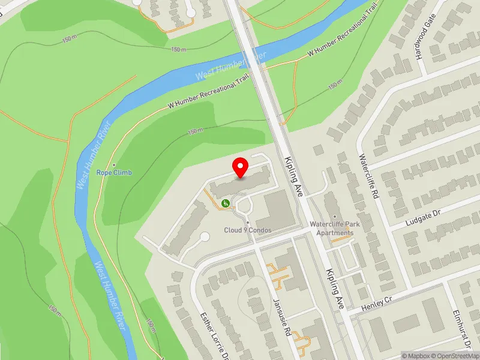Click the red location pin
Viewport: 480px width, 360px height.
point(241,167)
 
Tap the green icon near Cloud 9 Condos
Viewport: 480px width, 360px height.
point(226,203)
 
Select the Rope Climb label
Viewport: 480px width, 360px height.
point(114,173)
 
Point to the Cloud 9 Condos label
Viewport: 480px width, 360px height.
point(248,230)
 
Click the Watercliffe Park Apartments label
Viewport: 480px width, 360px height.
point(332,229)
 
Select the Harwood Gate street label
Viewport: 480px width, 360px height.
point(424,43)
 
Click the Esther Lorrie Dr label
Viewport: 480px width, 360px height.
point(215,333)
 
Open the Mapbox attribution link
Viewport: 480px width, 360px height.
point(415,356)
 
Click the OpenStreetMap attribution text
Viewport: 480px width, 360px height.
point(454,356)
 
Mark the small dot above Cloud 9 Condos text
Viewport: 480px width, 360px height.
point(248,223)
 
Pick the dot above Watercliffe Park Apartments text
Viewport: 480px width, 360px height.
point(332,217)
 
